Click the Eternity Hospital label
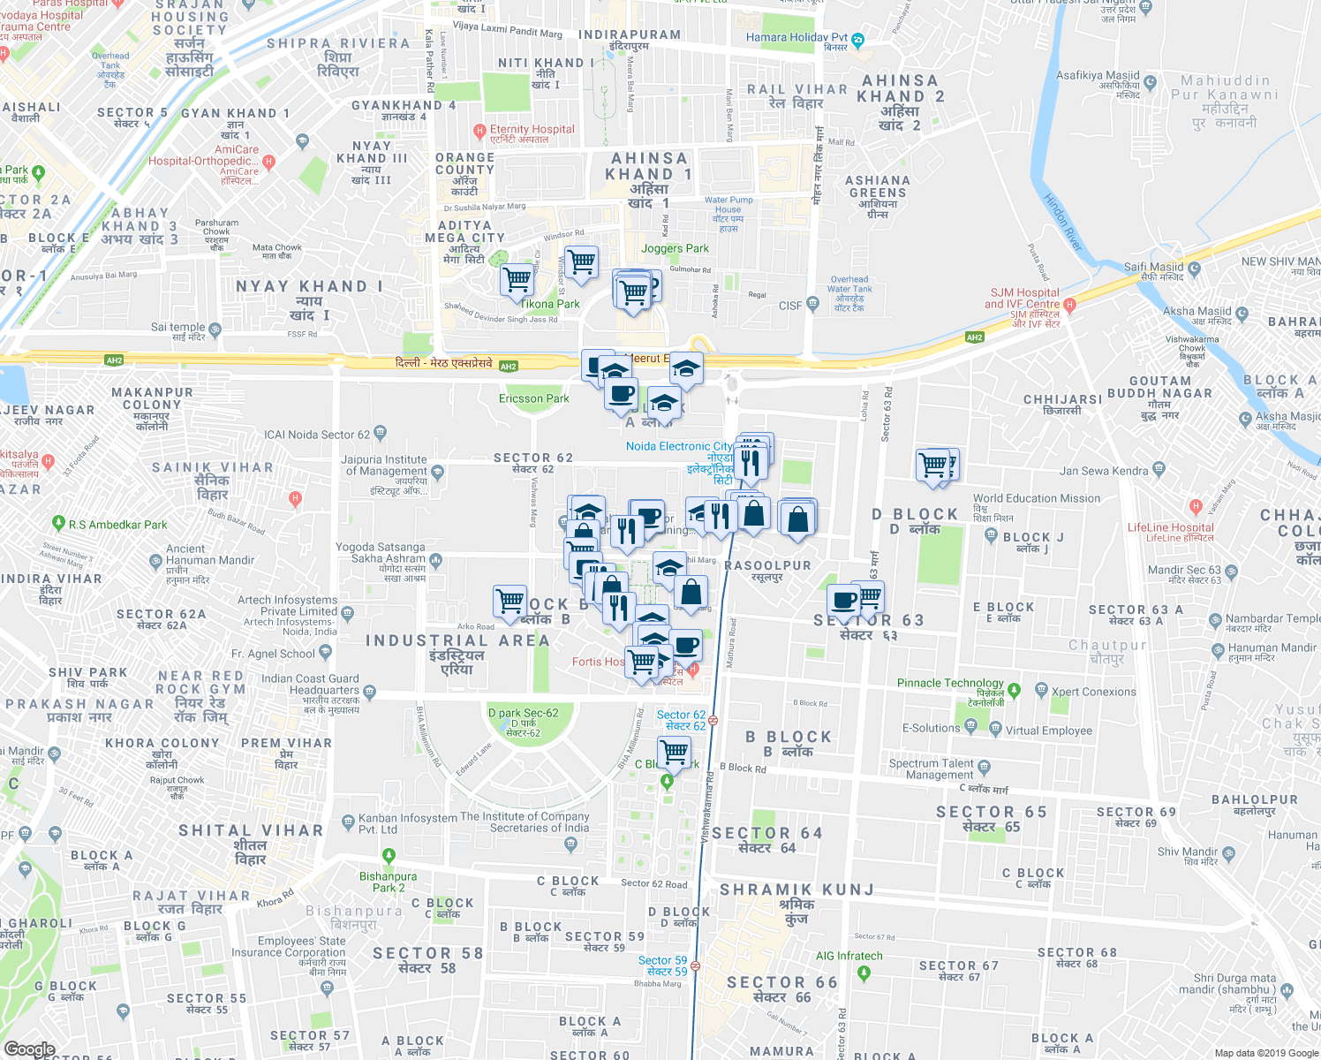(532, 129)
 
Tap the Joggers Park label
(675, 248)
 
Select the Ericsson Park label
(533, 398)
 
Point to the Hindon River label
(1062, 223)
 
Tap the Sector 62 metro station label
(681, 720)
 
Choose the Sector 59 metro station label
(662, 965)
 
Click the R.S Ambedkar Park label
(117, 525)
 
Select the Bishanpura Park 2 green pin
(389, 855)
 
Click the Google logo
(29, 1049)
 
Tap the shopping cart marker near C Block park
(675, 752)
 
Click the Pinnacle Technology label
(950, 683)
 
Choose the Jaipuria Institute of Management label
(383, 466)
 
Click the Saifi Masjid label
(1153, 267)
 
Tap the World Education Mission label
(1037, 498)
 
